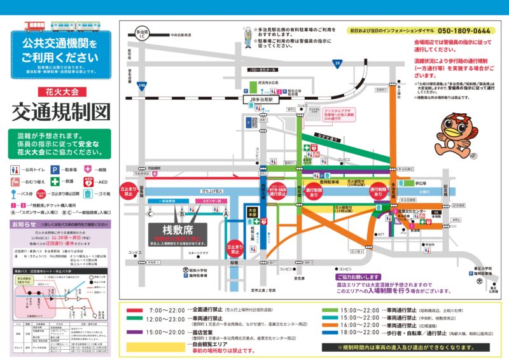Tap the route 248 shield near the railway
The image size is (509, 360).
pyautogui.click(x=142, y=85)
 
